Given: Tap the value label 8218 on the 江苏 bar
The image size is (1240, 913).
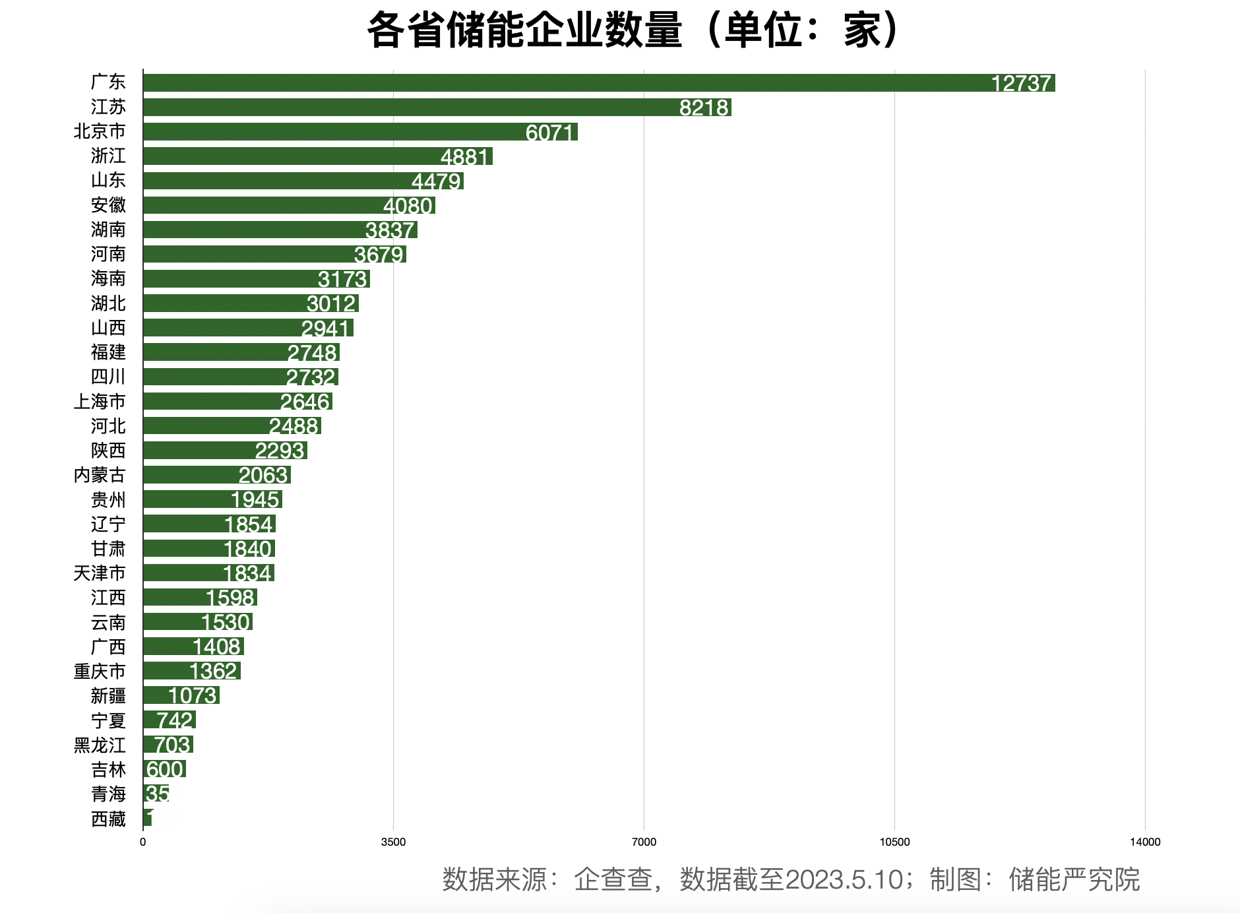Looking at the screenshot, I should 704,108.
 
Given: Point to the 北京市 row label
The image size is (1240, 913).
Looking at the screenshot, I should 100,131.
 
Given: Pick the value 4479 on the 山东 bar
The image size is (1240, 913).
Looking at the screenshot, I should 436,181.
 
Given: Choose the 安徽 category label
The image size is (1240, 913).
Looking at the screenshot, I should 108,205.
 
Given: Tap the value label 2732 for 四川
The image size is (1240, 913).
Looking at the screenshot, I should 311,377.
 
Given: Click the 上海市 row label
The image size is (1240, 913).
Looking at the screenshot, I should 100,401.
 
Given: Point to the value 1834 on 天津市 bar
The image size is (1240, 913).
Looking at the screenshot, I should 247,573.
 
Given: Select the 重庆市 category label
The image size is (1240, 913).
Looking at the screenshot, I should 100,672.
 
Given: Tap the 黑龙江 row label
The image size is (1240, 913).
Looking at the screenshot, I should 100,745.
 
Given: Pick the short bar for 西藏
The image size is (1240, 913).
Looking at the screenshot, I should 147,819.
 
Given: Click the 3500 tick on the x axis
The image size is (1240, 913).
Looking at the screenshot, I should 394,842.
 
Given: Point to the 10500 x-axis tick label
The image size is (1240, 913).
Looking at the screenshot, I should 894,842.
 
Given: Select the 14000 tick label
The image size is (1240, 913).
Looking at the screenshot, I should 1145,842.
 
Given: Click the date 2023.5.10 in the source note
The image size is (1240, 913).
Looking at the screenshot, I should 844,879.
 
